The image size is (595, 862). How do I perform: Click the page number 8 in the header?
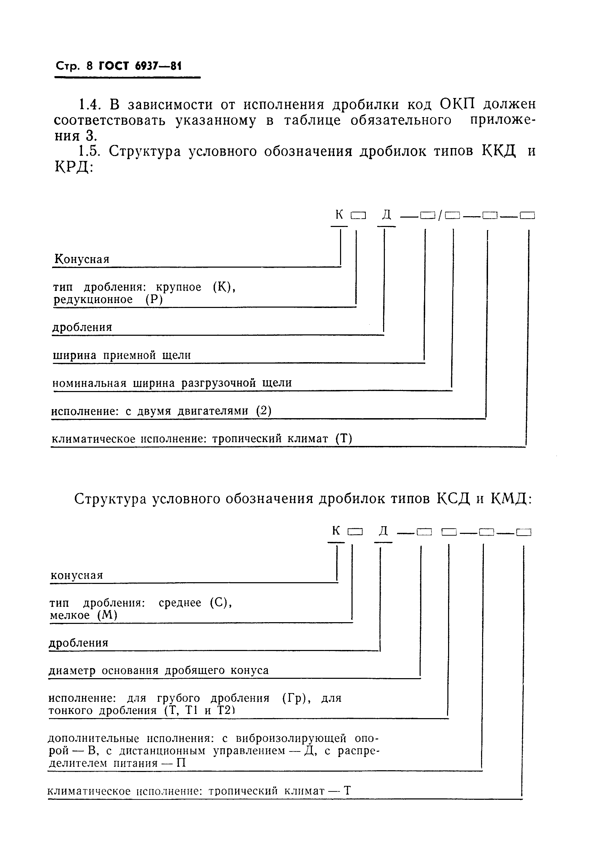click(x=90, y=66)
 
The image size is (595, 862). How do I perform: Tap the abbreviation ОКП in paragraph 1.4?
click(x=457, y=104)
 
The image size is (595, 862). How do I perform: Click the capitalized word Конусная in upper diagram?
click(x=82, y=259)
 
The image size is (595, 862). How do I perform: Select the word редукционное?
click(x=93, y=300)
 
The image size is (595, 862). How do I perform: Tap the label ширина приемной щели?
click(x=122, y=355)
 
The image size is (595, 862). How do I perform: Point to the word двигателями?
click(x=213, y=411)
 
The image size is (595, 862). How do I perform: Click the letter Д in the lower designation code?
click(x=383, y=531)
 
